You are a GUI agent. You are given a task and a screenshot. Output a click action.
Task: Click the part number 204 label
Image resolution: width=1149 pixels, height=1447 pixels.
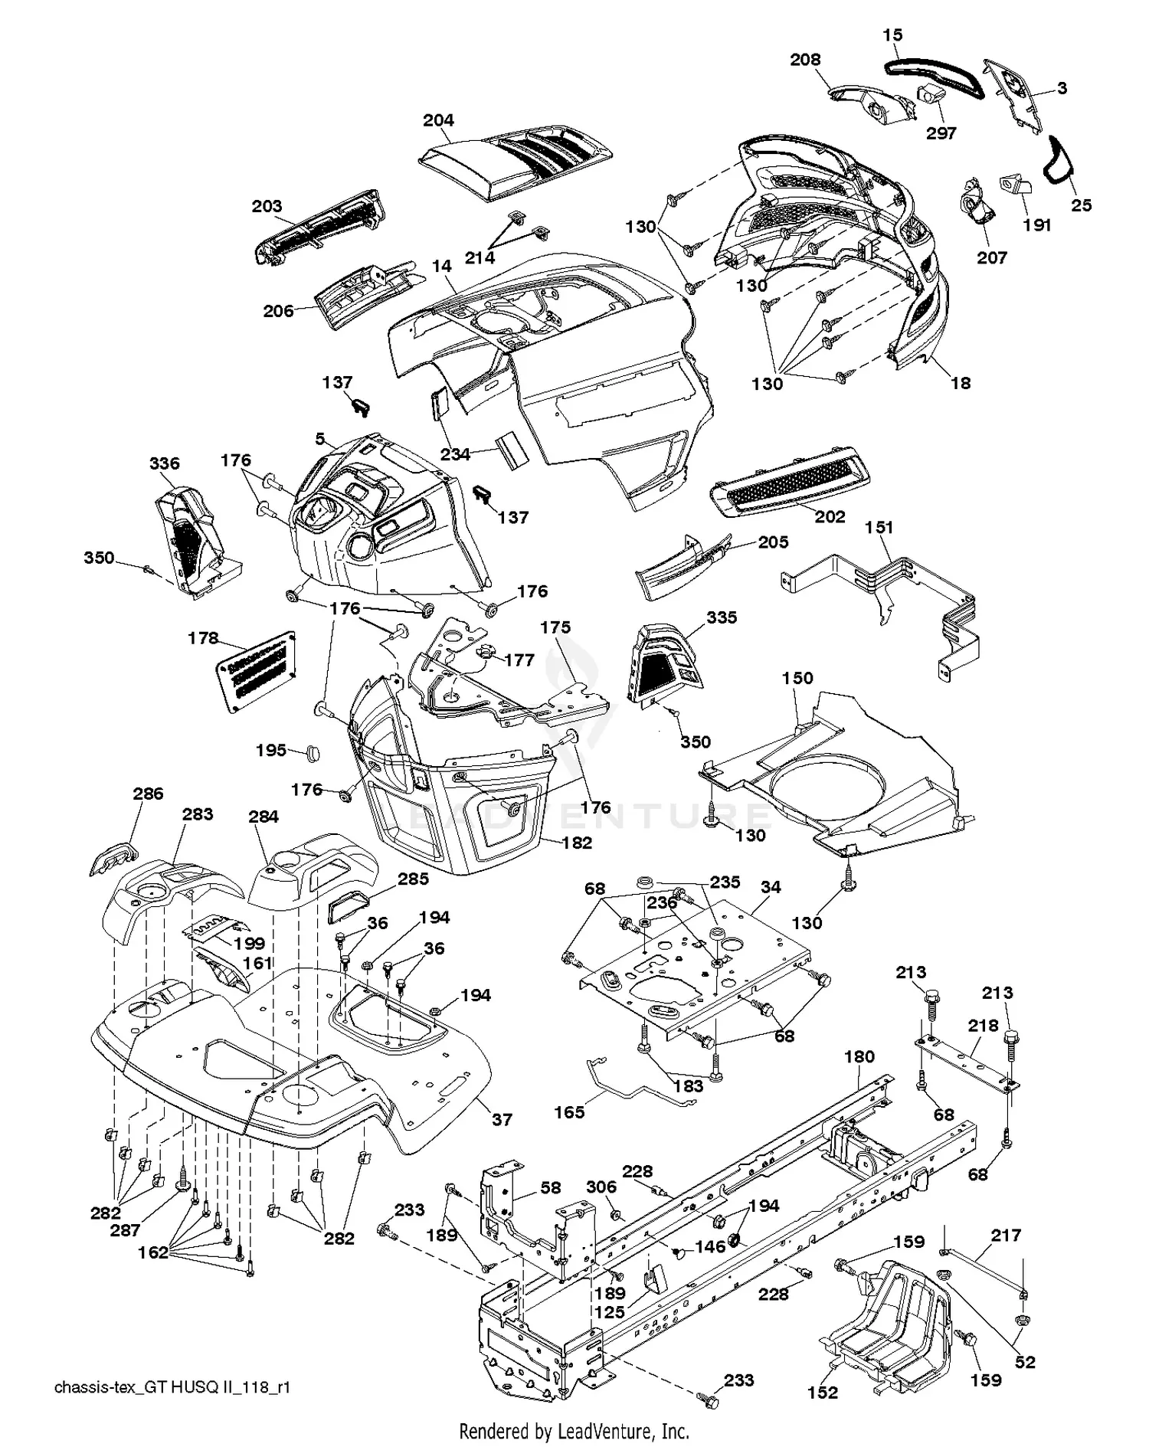pyautogui.click(x=438, y=120)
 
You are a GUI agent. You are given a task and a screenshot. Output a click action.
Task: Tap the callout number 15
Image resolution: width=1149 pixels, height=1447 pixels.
pyautogui.click(x=892, y=35)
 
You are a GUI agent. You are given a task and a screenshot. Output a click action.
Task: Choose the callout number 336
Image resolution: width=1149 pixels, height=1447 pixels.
pyautogui.click(x=165, y=463)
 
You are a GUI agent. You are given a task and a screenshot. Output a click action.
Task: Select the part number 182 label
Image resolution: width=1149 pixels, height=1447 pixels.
pyautogui.click(x=577, y=843)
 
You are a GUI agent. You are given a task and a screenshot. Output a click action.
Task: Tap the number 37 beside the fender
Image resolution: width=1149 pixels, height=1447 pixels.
pyautogui.click(x=502, y=1119)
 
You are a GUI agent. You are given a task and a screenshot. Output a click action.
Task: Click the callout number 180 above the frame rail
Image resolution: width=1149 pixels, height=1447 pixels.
pyautogui.click(x=859, y=1057)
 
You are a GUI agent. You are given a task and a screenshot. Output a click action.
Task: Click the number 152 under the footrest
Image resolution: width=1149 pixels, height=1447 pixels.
pyautogui.click(x=823, y=1392)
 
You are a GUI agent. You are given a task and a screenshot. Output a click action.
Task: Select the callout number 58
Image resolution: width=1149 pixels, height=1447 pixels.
pyautogui.click(x=551, y=1187)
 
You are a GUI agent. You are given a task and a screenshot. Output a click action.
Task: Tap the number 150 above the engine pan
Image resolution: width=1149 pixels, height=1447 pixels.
pyautogui.click(x=797, y=678)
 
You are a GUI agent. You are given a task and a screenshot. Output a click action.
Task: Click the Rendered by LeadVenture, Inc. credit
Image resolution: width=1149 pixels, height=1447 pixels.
pyautogui.click(x=574, y=1430)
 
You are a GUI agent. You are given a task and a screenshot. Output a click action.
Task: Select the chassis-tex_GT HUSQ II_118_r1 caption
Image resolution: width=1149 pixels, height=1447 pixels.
pyautogui.click(x=172, y=1387)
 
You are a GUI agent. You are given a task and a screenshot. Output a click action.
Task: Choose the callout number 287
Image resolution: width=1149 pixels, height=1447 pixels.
pyautogui.click(x=125, y=1229)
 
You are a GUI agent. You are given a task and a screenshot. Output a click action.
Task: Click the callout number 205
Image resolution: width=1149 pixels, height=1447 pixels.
pyautogui.click(x=773, y=542)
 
